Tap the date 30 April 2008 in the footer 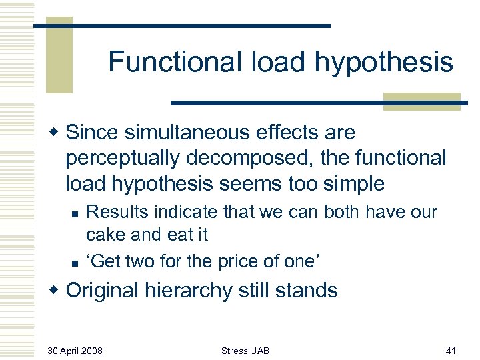tap(75, 350)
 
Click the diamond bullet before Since tap(57, 133)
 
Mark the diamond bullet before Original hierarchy tap(57, 290)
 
